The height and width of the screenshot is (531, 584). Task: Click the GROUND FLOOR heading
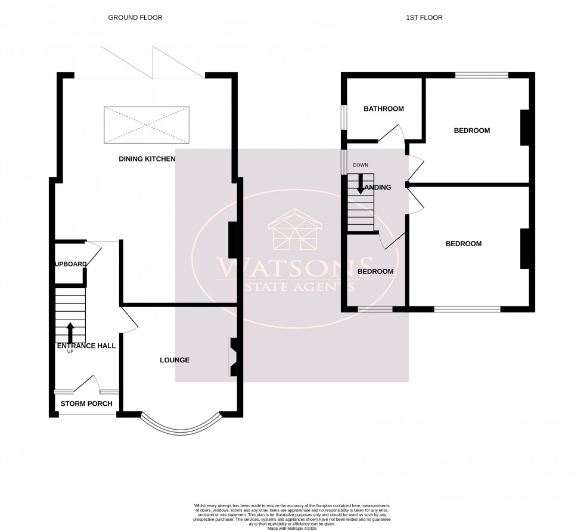click(135, 18)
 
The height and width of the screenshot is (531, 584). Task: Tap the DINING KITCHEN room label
click(147, 159)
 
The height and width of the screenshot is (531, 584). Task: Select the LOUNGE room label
click(174, 360)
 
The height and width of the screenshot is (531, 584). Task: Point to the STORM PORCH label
click(86, 404)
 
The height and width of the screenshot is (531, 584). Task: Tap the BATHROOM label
click(383, 109)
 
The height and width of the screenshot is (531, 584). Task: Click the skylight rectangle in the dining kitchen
click(147, 125)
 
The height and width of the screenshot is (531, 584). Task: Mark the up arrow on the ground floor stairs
click(70, 331)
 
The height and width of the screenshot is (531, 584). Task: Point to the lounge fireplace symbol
click(234, 357)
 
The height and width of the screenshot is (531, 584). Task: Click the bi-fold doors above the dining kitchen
click(153, 63)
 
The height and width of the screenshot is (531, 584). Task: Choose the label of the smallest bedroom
click(375, 272)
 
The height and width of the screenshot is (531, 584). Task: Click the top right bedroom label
click(471, 131)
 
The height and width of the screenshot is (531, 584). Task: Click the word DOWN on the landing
click(361, 165)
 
